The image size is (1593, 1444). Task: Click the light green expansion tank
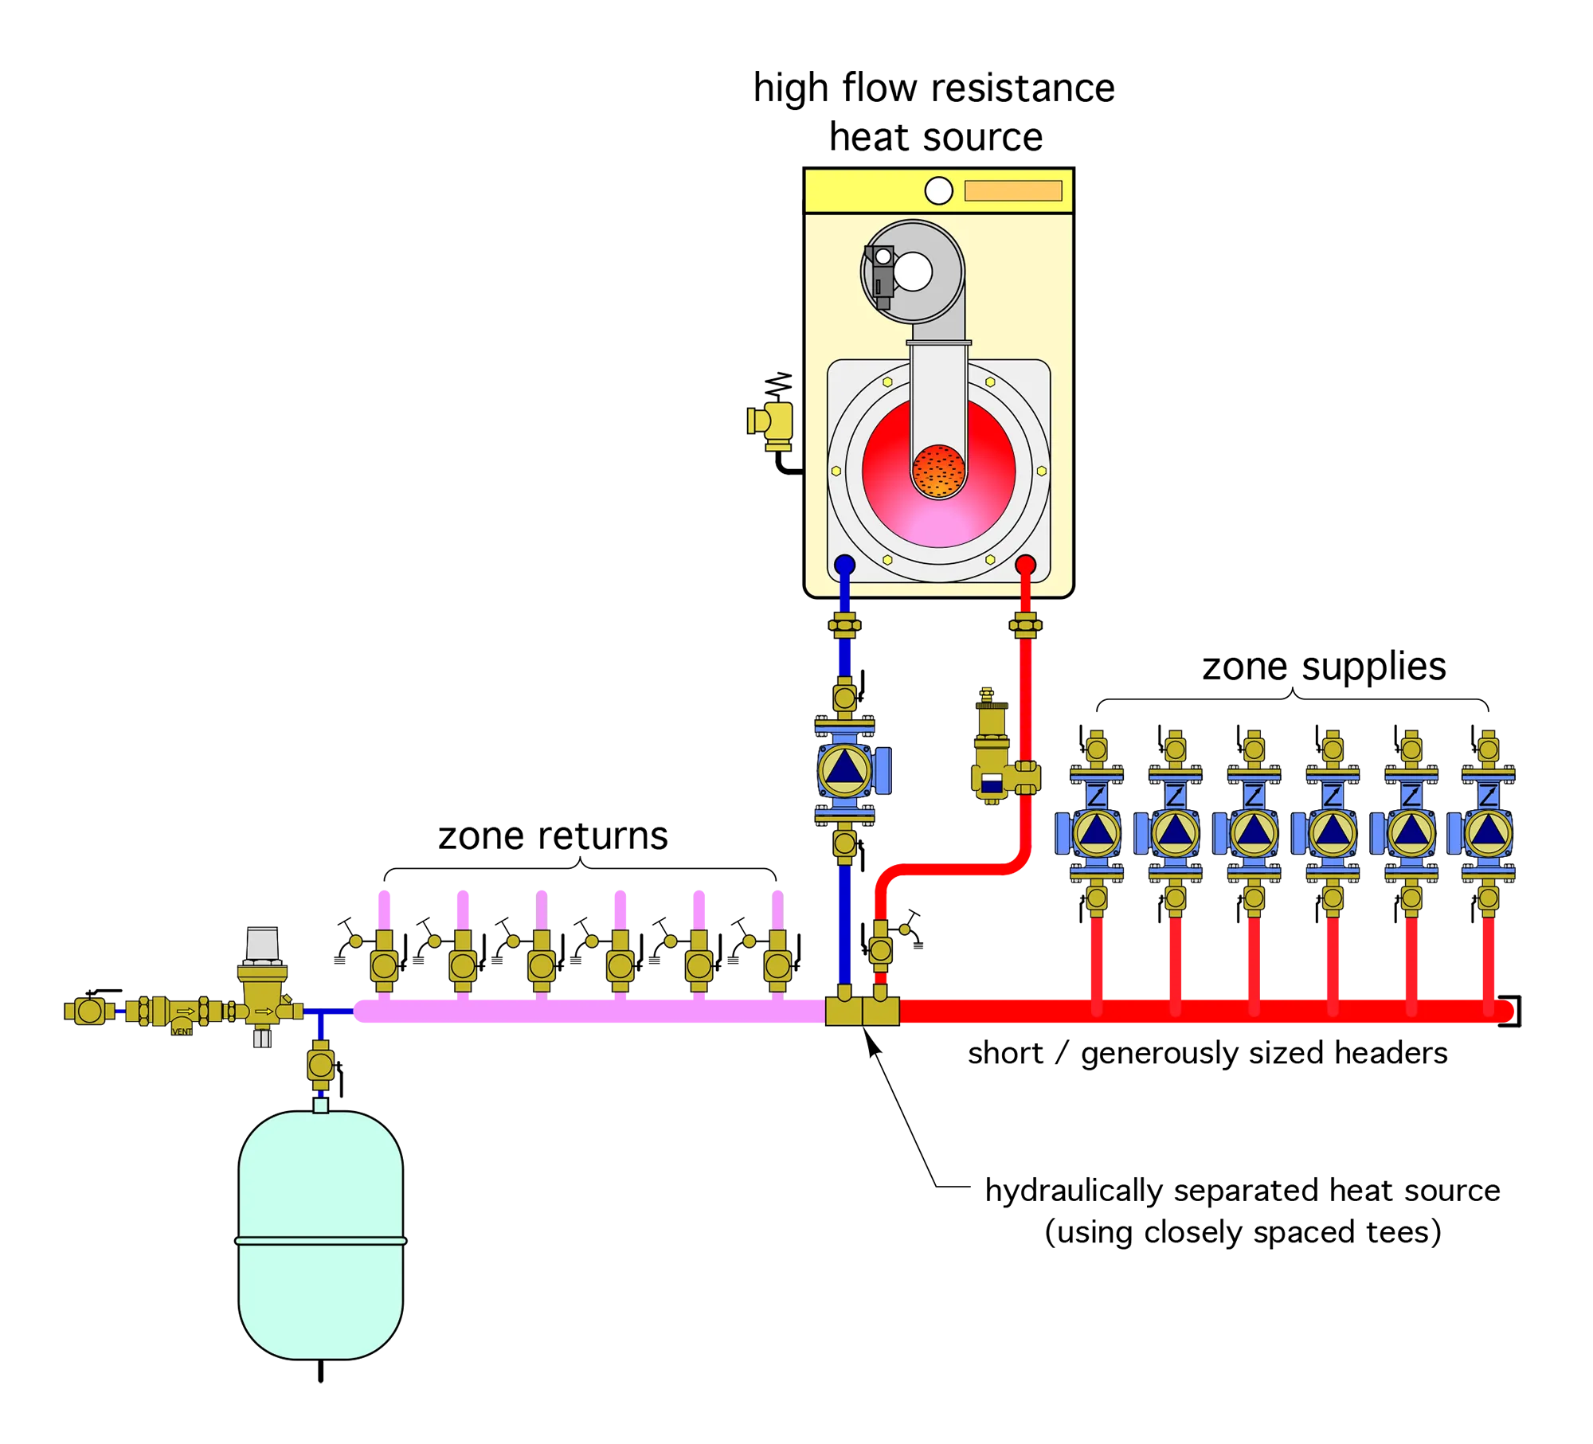320,1235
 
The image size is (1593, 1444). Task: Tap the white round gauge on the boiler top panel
938,191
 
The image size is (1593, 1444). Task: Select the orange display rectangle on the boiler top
1013,191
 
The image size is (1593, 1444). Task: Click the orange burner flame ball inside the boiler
938,471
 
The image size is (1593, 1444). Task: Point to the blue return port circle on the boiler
844,565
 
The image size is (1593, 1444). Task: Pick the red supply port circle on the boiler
1025,565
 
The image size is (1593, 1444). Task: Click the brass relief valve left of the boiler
771,423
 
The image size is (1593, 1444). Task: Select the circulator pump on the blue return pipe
846,769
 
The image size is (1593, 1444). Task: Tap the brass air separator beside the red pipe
994,757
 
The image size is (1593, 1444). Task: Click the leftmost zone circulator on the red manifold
1096,832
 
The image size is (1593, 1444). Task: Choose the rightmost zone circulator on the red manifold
1487,832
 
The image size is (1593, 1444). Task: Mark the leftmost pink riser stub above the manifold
384,908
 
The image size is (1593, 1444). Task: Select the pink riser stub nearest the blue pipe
777,908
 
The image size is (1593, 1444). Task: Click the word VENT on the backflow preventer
182,1031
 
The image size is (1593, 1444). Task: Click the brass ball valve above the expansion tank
321,1064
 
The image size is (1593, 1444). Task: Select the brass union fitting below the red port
1025,625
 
